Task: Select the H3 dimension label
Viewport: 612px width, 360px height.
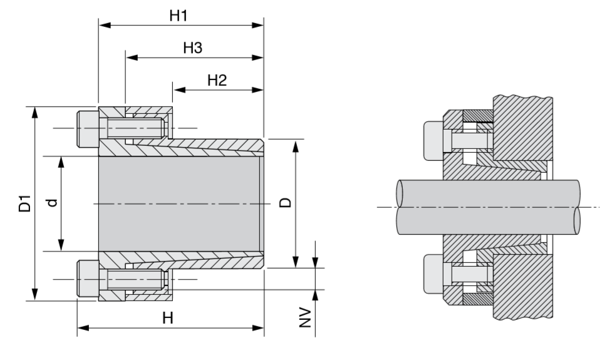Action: pos(192,48)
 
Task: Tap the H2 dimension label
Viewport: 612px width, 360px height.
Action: pos(216,80)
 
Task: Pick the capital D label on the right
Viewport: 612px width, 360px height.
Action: pos(284,203)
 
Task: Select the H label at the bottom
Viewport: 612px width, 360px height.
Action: pos(167,317)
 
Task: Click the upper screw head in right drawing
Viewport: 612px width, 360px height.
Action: pos(433,137)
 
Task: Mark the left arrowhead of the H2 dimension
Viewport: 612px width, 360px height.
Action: pos(179,90)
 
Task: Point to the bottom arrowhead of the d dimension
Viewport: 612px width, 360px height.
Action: pos(61,246)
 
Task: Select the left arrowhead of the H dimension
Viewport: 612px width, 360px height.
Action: pos(82,327)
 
